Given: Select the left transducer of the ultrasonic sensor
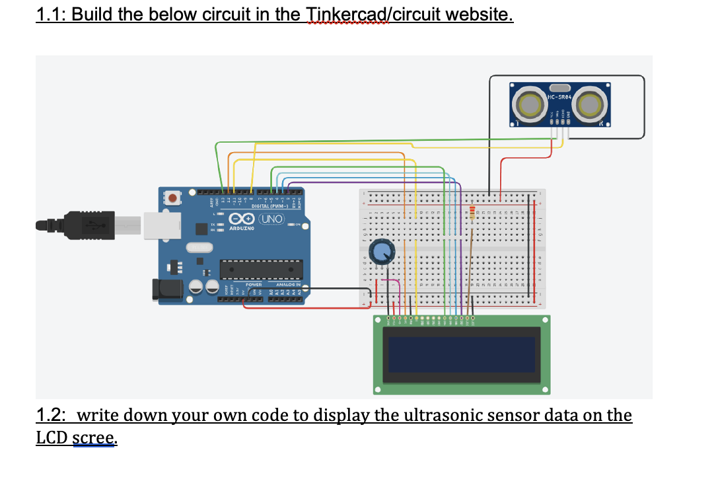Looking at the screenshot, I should tap(532, 104).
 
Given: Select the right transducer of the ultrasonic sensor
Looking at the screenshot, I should tap(589, 104).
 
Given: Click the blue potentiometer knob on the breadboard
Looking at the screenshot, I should tap(381, 252).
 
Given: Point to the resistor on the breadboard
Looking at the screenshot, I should tap(472, 213).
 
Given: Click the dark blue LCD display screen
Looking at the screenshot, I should tap(461, 354).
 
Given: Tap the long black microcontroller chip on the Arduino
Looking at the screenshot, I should tap(262, 268).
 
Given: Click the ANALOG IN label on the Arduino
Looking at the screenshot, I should tap(289, 285).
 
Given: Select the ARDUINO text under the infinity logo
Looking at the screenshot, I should tap(242, 229).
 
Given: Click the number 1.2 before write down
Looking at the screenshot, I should tap(51, 416).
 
